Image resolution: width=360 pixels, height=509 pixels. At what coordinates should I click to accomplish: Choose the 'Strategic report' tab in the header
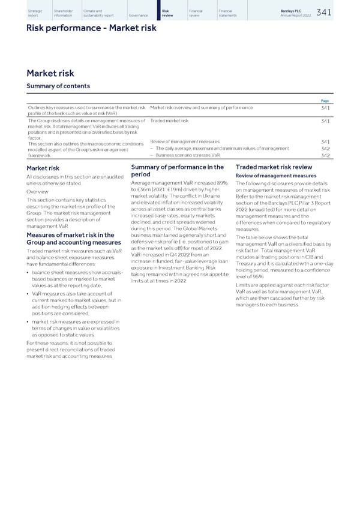tap(35, 13)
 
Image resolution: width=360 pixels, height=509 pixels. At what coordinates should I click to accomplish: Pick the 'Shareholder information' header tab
tap(63, 13)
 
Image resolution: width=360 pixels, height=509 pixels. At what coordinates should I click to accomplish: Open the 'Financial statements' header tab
tap(229, 13)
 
